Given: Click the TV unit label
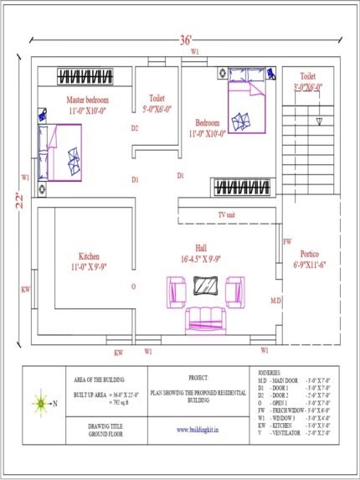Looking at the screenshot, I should point(227,215).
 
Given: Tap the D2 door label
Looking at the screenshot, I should point(134,128).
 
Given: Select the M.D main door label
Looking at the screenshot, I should point(275,298).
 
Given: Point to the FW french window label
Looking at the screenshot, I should point(287,241).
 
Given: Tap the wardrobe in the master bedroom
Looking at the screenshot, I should point(92,77).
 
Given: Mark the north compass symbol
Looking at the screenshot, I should point(39,403).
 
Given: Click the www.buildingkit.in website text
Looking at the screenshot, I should point(198,431).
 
